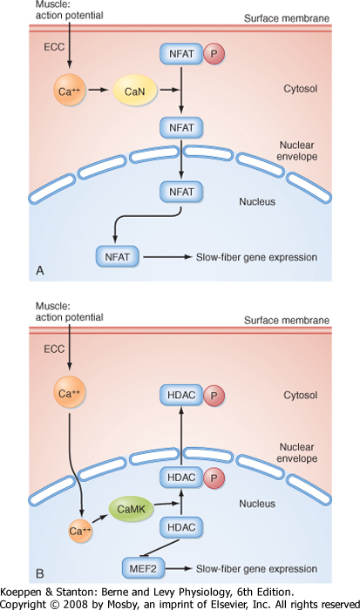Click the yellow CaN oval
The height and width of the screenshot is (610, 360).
pos(134,91)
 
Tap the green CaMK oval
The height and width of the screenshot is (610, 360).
pos(131,509)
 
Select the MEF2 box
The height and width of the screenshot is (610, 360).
pos(143,568)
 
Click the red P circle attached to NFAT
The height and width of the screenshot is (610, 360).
pos(214,53)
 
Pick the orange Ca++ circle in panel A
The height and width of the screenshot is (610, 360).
pos(69,91)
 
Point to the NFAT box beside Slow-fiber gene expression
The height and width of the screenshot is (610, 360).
pos(117,256)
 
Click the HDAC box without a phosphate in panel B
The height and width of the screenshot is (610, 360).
pos(181,527)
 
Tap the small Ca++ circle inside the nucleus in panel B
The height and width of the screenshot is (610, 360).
pos(80,531)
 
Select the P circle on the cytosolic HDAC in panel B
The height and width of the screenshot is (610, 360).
pos(214,396)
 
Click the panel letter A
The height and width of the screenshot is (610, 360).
pos(40,270)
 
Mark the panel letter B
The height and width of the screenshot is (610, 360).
pos(40,573)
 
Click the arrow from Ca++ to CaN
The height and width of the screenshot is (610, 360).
pos(98,90)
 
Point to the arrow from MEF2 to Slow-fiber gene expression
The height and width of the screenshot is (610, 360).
pos(178,568)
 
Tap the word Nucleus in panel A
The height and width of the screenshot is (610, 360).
pos(257,201)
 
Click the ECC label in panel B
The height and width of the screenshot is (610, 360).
pos(54,349)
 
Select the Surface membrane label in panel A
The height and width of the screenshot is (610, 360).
pos(287,18)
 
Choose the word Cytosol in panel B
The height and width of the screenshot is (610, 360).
pos(301,395)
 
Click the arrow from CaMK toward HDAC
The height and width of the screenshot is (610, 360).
pos(167,504)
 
